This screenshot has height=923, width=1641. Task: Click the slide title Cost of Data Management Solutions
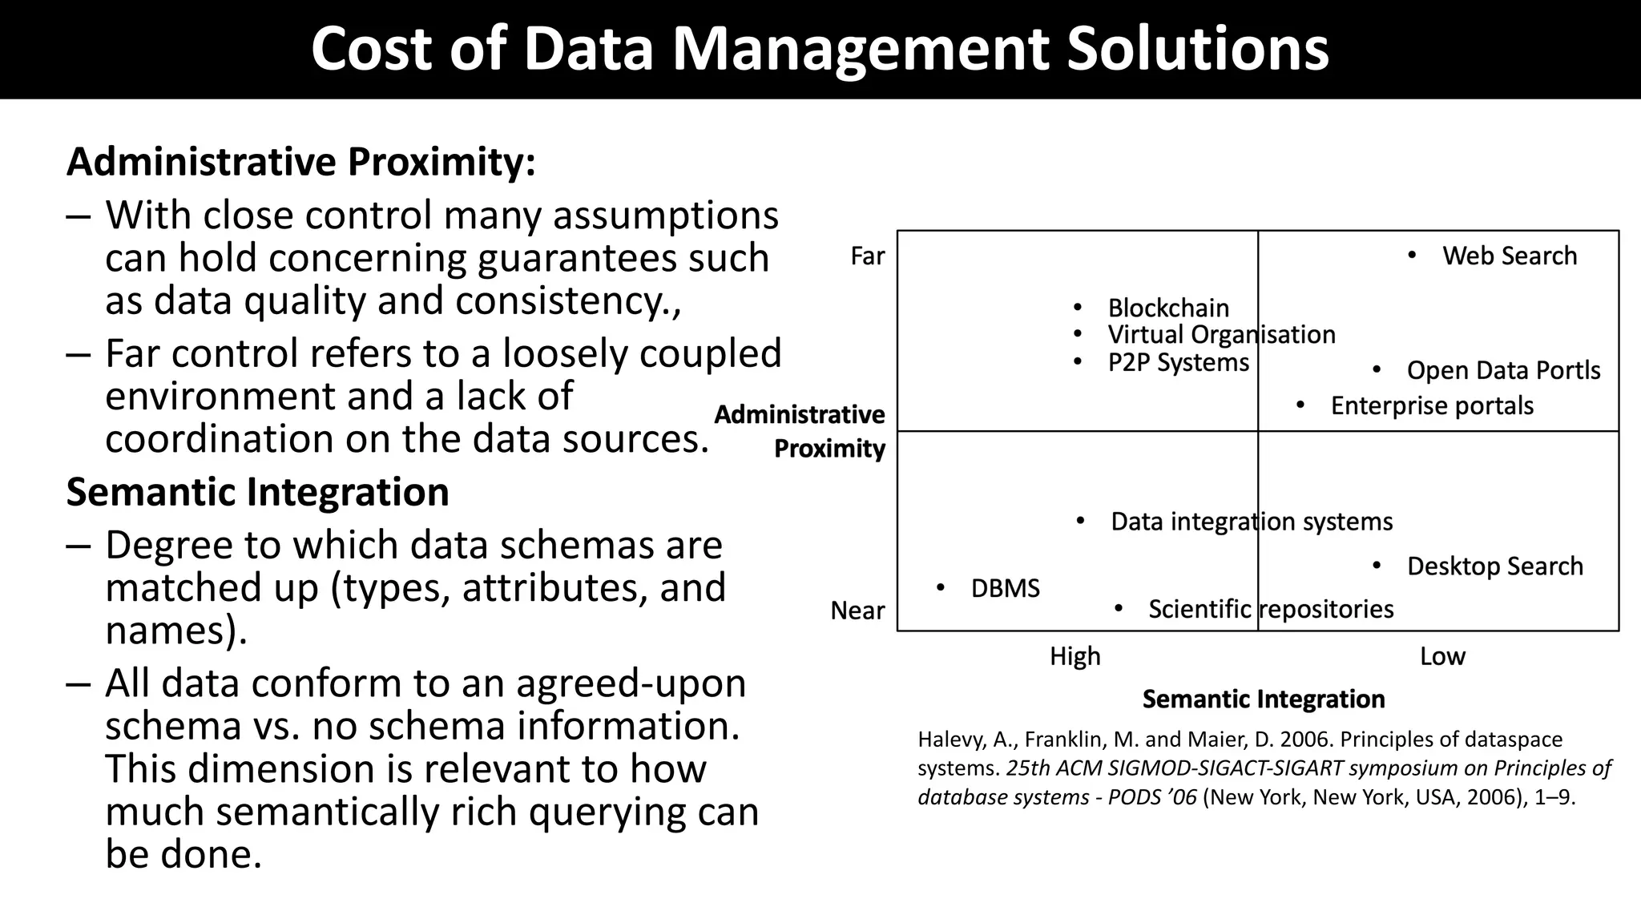pos(820,49)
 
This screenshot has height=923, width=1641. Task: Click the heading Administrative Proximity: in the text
pos(301,162)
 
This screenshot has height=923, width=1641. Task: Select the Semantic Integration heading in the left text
pos(257,492)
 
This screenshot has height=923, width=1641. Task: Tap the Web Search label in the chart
pos(1509,256)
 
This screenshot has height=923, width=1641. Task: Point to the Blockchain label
pos(1167,308)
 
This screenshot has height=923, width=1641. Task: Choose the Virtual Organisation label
pos(1221,335)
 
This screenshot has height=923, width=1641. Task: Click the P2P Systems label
pos(1178,363)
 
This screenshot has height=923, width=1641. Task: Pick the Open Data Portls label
pos(1503,371)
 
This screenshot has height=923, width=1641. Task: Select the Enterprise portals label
pos(1432,406)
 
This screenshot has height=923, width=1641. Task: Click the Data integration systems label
pos(1252,522)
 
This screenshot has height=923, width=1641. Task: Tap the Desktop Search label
pos(1494,566)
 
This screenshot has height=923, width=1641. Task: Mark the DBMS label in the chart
pos(1005,589)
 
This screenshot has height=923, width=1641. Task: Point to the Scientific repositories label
pos(1271,610)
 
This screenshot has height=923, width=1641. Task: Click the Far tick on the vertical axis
pos(867,256)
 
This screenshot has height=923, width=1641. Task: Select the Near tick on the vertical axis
pos(857,611)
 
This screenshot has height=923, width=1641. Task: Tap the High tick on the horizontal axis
pos(1075,657)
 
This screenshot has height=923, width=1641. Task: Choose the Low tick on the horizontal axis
pos(1442,657)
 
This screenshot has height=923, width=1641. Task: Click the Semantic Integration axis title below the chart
pos(1264,699)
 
